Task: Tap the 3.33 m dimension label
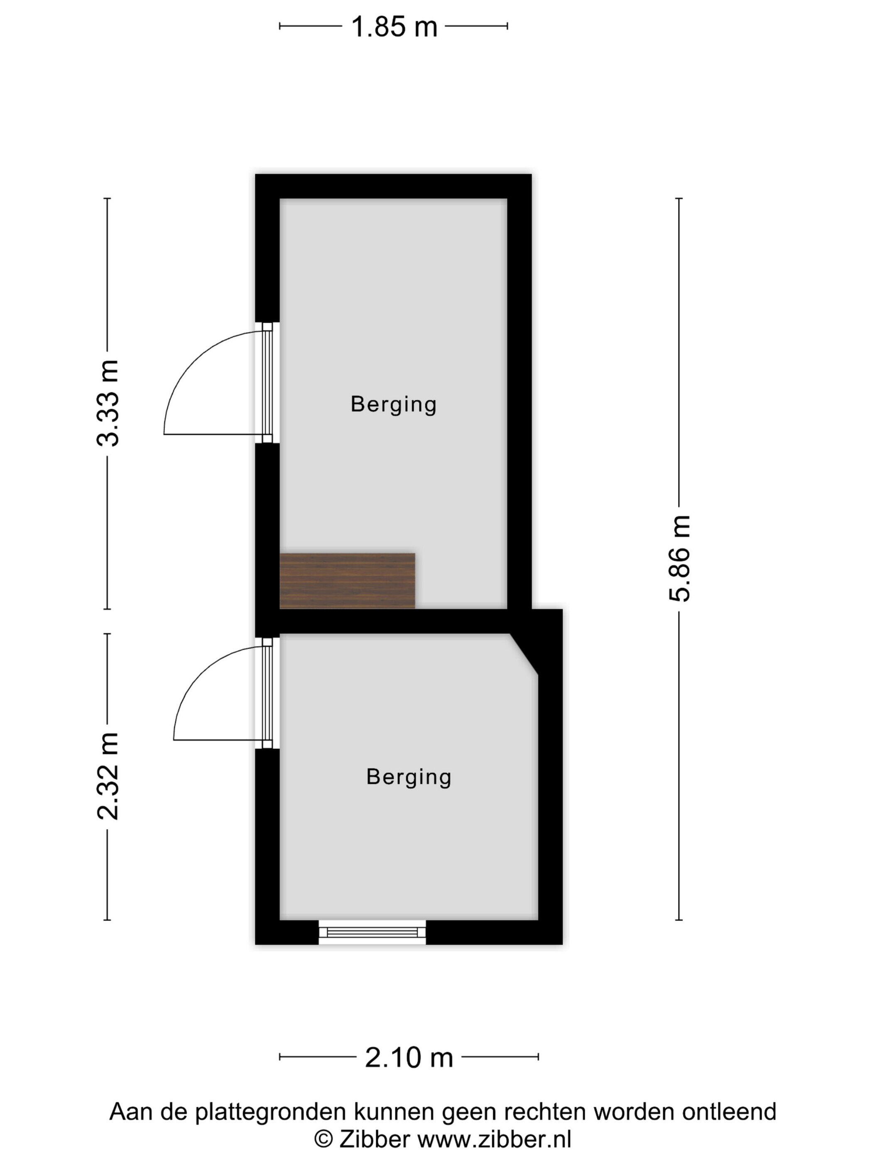[108, 403]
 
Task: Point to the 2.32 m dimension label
[108, 776]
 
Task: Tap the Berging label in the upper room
[394, 405]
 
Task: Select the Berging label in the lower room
[409, 777]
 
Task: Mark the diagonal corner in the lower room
[524, 654]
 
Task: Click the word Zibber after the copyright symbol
[374, 1139]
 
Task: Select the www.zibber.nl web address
[494, 1139]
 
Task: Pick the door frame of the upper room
[267, 382]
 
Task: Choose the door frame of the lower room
[267, 693]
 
